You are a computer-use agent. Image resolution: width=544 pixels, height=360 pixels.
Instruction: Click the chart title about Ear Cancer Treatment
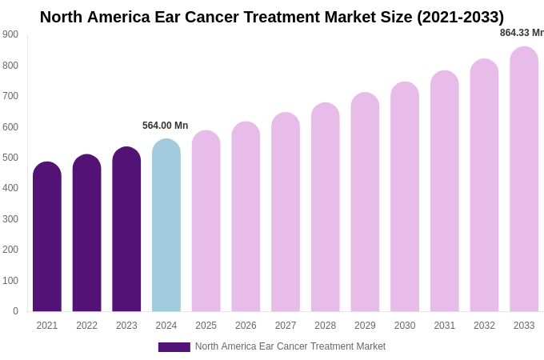272,17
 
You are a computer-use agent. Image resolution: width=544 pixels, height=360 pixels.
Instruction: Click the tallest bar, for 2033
524,179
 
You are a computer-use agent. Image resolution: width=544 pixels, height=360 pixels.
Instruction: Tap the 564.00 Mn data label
166,126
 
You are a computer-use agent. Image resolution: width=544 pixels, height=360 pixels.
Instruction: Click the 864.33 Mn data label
522,33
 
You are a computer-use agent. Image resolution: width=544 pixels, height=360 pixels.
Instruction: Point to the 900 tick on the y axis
10,34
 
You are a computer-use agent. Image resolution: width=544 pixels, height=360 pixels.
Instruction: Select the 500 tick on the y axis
10,158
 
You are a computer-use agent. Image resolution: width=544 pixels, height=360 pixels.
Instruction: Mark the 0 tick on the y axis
15,311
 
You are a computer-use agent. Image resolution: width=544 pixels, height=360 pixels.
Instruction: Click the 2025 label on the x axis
206,326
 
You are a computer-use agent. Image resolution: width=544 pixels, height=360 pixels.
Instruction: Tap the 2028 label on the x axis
326,326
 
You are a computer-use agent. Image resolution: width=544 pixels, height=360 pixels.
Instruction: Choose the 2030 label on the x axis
405,326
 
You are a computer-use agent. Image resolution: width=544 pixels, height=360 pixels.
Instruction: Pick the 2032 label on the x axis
484,326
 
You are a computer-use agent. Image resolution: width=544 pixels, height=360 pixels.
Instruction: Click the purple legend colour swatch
174,347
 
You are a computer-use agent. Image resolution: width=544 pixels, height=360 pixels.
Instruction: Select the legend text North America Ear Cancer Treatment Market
290,346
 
